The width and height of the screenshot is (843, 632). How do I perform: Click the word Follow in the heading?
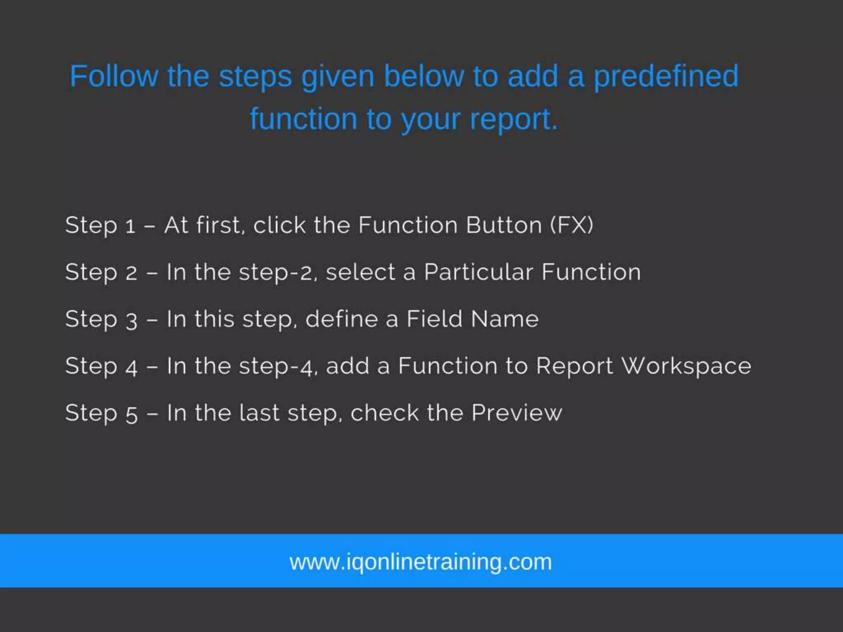click(x=114, y=76)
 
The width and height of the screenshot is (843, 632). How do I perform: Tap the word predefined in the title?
click(x=666, y=77)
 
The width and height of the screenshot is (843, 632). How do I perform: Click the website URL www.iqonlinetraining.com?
click(x=421, y=562)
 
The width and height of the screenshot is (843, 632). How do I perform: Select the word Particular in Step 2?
click(x=478, y=272)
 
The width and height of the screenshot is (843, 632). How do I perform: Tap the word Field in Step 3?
click(x=434, y=319)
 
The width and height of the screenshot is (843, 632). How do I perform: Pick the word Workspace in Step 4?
click(x=686, y=366)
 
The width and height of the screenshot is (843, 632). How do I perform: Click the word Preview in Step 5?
click(x=516, y=413)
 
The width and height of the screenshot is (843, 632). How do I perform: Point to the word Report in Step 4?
click(x=574, y=367)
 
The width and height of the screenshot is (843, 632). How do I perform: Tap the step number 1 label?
click(x=130, y=226)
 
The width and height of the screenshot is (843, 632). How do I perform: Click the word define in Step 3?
click(x=341, y=319)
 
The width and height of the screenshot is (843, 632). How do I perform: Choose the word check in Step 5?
click(x=384, y=413)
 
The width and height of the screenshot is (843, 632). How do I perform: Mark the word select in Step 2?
click(x=360, y=272)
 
